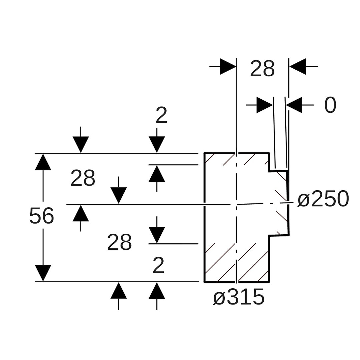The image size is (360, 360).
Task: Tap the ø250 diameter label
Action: [323, 199]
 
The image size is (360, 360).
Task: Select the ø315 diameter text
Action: [239, 297]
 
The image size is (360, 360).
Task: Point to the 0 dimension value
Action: [330, 105]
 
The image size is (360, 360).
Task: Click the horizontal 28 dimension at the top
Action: [262, 69]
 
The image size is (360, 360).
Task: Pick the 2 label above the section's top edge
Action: [161, 115]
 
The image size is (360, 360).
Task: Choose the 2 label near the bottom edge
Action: [159, 265]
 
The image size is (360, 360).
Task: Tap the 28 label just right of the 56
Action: [83, 178]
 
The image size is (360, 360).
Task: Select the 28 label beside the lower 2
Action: [119, 243]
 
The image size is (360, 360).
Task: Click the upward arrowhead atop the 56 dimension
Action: [43, 162]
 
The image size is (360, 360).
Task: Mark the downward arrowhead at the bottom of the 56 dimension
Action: [43, 273]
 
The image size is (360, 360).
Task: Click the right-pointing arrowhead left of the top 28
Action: [228, 67]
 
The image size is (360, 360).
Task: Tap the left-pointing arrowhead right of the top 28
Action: [297, 67]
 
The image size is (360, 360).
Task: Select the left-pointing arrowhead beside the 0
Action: [294, 105]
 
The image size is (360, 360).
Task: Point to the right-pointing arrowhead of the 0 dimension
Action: [265, 105]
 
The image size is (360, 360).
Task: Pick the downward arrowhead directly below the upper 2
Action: [157, 144]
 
